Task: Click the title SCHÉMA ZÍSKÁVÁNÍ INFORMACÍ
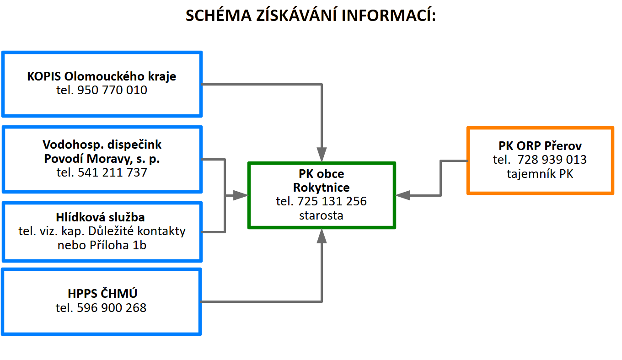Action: (311, 15)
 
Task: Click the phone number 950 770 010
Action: (112, 90)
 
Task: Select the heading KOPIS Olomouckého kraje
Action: (102, 76)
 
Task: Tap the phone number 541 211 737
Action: (113, 172)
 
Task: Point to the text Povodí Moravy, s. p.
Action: (102, 159)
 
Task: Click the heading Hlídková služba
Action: (100, 217)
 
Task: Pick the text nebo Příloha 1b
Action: (102, 245)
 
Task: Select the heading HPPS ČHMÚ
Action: (102, 293)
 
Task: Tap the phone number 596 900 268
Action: (112, 308)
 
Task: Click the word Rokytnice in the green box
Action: (321, 188)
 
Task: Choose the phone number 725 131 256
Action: (332, 201)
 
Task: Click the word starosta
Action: (321, 215)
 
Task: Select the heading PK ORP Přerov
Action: (540, 146)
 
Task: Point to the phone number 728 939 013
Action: (552, 160)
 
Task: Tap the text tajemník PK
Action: (540, 174)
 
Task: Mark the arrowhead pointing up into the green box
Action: (322, 236)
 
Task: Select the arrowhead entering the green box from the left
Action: (241, 195)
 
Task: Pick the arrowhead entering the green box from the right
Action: (402, 195)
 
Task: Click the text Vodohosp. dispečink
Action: (102, 145)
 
